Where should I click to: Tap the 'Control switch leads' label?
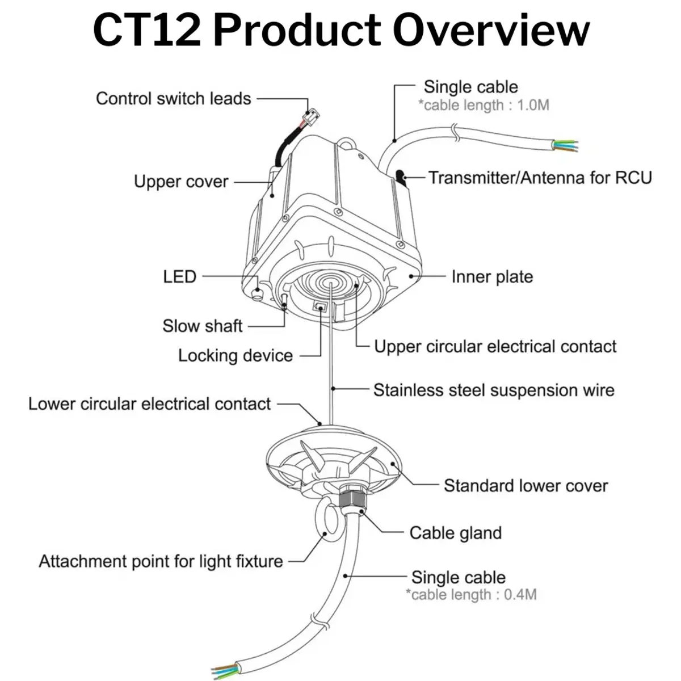(173, 98)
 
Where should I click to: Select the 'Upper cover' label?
(181, 182)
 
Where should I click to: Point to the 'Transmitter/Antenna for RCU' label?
(540, 178)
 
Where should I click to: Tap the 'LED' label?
(179, 277)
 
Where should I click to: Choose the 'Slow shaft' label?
(202, 326)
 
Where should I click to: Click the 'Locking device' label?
(235, 356)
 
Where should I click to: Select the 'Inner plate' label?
(492, 277)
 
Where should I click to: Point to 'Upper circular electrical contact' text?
(495, 347)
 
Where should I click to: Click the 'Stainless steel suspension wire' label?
(494, 390)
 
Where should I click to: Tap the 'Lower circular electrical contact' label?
(150, 404)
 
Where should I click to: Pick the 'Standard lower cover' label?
(526, 486)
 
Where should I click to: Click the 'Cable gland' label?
(456, 533)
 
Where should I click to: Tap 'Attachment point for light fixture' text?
(161, 562)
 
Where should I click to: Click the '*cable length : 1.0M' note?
(484, 106)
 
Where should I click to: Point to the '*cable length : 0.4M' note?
(471, 595)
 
